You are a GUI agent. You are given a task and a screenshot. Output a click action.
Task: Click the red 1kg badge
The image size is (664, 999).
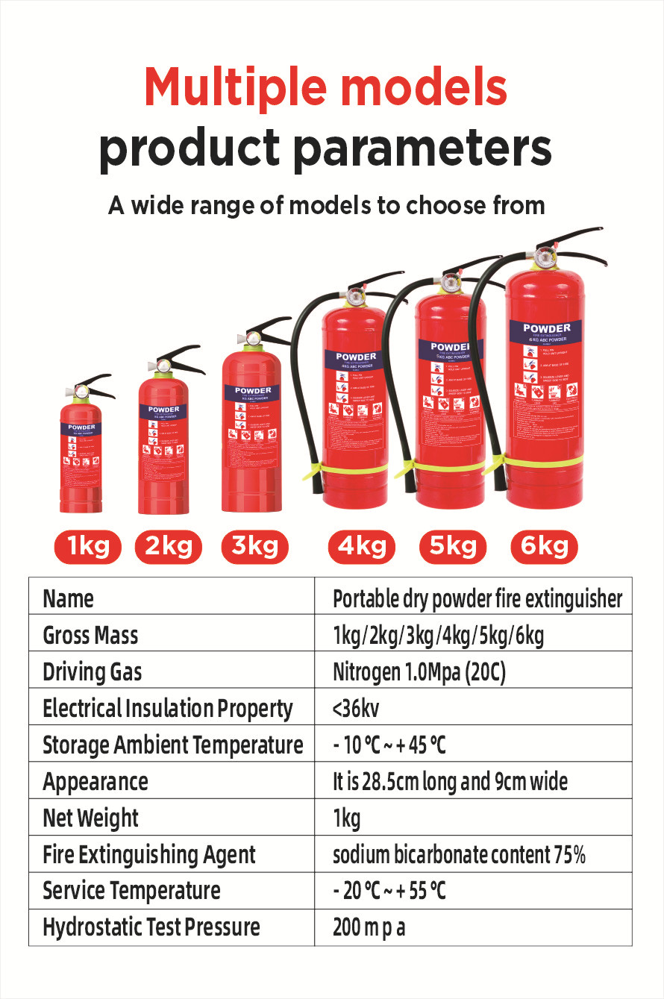coord(87,547)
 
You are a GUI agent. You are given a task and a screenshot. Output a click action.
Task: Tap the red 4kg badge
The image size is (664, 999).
coord(361,547)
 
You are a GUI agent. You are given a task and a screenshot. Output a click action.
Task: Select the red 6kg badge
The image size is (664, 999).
coord(544,547)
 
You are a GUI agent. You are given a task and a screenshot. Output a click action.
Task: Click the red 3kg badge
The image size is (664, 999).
coord(254,547)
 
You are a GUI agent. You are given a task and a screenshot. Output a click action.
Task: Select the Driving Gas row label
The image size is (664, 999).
coord(92,672)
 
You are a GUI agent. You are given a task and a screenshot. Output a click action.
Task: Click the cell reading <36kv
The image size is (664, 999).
coord(351,709)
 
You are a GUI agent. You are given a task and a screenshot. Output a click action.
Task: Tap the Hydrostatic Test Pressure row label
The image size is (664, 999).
coord(151,927)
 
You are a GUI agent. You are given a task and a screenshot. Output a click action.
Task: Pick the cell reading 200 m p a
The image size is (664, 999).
coord(369,928)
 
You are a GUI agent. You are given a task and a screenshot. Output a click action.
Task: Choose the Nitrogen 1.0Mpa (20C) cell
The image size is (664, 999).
coord(419,672)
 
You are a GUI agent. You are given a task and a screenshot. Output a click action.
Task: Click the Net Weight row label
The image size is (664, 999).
coord(90,818)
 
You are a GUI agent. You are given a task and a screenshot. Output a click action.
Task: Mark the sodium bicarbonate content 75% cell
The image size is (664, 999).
coord(459,855)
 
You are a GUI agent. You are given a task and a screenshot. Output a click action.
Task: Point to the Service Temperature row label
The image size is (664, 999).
coord(131,891)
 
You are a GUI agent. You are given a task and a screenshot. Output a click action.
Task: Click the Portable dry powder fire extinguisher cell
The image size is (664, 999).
coord(477,599)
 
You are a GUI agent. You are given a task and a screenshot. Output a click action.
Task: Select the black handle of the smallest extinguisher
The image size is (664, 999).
coord(98,386)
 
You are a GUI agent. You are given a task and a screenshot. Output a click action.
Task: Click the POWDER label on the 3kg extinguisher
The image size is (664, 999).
coord(253,390)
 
